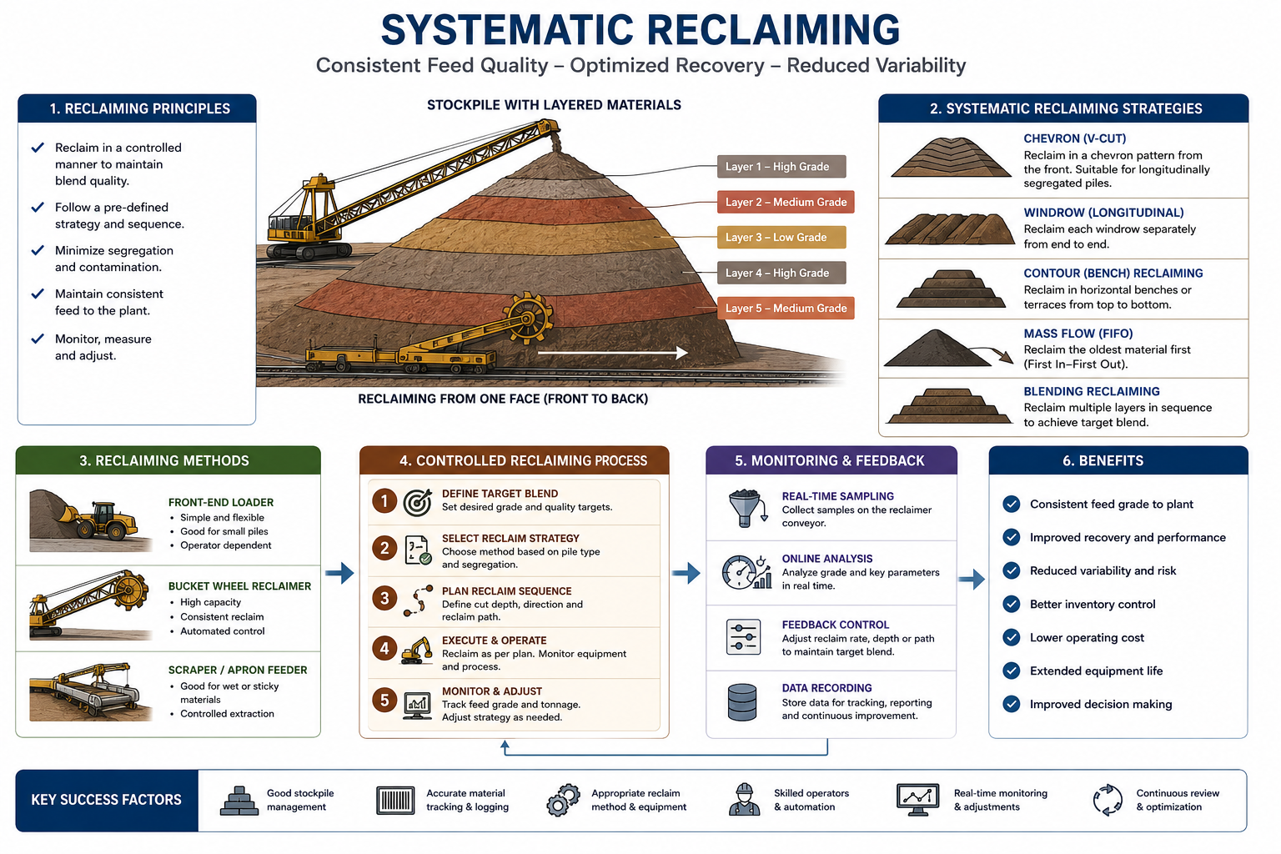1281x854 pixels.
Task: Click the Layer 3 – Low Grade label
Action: (x=781, y=238)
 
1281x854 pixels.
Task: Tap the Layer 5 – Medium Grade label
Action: (x=786, y=309)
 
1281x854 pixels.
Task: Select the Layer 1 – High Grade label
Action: (x=781, y=167)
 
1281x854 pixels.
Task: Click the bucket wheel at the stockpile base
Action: (x=529, y=318)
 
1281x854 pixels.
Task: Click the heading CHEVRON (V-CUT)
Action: (x=1074, y=138)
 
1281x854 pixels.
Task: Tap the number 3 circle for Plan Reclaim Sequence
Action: (x=384, y=598)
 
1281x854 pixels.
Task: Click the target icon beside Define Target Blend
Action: (x=418, y=502)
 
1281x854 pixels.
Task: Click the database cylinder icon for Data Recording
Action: (x=742, y=702)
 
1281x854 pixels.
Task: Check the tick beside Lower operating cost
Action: (x=1011, y=637)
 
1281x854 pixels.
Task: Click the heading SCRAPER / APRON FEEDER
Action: (x=238, y=670)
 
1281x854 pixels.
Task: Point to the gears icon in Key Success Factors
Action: (x=563, y=800)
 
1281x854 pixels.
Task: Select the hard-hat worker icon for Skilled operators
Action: (x=744, y=799)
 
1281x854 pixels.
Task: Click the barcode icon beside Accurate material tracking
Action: (x=395, y=800)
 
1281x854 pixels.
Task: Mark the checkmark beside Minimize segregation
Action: (x=38, y=250)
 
